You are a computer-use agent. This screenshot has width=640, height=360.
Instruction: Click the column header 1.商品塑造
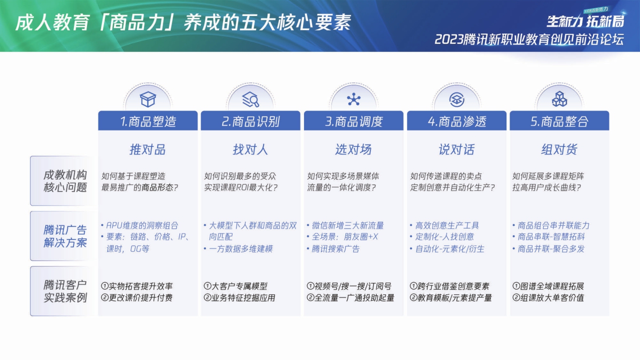point(148,121)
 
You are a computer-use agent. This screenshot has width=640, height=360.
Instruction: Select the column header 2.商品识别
point(250,121)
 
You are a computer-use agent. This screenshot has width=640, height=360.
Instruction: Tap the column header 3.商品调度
point(353,121)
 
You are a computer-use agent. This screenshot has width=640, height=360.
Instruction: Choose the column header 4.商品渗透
point(456,121)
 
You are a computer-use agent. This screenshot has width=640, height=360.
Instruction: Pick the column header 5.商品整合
point(559,121)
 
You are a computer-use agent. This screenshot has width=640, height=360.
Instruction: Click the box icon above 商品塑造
point(148,99)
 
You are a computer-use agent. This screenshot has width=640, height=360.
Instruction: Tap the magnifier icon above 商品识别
point(250,99)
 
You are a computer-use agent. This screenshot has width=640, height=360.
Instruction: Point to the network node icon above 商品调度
point(353,99)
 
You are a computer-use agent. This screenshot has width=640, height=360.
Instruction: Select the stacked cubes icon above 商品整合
point(559,99)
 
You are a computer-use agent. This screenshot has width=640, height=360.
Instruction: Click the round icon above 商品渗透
point(456,99)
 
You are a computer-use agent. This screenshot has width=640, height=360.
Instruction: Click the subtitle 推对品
point(147,149)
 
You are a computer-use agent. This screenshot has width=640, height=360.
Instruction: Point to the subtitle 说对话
point(456,149)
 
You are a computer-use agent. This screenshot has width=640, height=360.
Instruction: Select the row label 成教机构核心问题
point(65,181)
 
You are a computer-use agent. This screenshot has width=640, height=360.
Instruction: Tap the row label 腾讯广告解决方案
point(65,236)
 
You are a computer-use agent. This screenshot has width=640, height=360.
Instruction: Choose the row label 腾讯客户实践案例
point(65,291)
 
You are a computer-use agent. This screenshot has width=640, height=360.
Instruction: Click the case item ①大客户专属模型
point(235,286)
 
